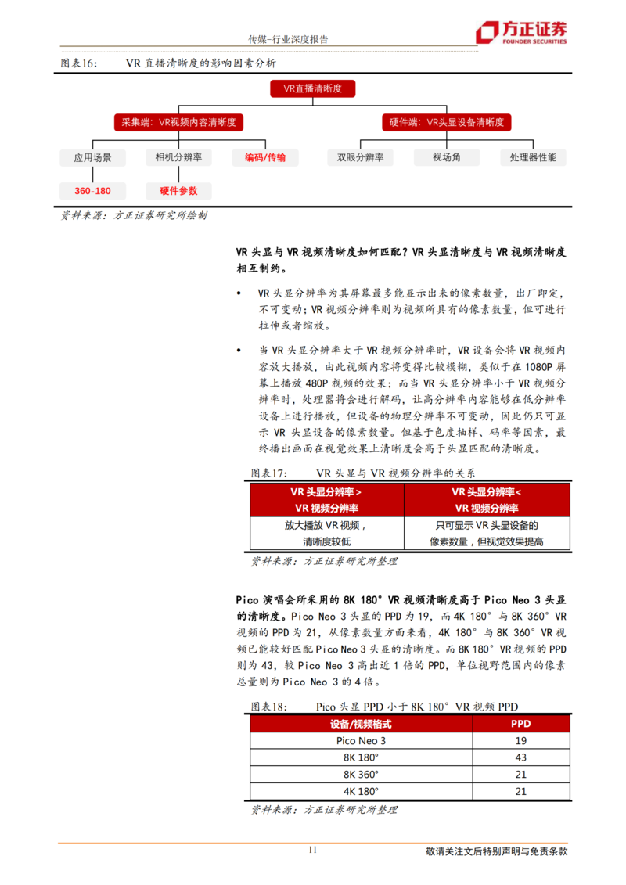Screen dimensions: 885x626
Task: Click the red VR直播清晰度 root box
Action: tap(312, 89)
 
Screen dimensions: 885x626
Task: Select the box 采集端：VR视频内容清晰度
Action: tap(179, 123)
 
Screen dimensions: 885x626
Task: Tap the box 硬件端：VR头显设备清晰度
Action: tap(447, 123)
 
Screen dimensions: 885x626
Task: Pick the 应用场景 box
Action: tap(93, 157)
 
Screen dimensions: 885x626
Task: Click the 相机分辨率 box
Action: tap(179, 157)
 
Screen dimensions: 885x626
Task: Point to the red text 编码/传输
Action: tap(265, 157)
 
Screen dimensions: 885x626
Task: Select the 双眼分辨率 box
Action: tap(360, 157)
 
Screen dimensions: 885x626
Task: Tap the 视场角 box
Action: tap(447, 157)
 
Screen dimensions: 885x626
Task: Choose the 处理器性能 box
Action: tap(533, 157)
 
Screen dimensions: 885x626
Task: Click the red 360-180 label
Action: tap(93, 191)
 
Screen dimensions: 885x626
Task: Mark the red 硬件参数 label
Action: tap(179, 191)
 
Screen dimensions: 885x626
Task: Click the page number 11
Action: tap(312, 851)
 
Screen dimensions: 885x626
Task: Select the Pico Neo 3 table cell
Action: tap(361, 740)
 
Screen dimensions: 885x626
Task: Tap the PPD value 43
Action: tap(520, 757)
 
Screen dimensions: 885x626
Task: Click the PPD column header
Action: tap(520, 724)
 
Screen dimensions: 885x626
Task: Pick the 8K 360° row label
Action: tap(361, 775)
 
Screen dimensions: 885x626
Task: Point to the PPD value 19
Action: tap(520, 740)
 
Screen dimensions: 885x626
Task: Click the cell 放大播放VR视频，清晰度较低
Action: tap(326, 533)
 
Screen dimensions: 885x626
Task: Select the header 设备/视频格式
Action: tap(361, 724)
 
